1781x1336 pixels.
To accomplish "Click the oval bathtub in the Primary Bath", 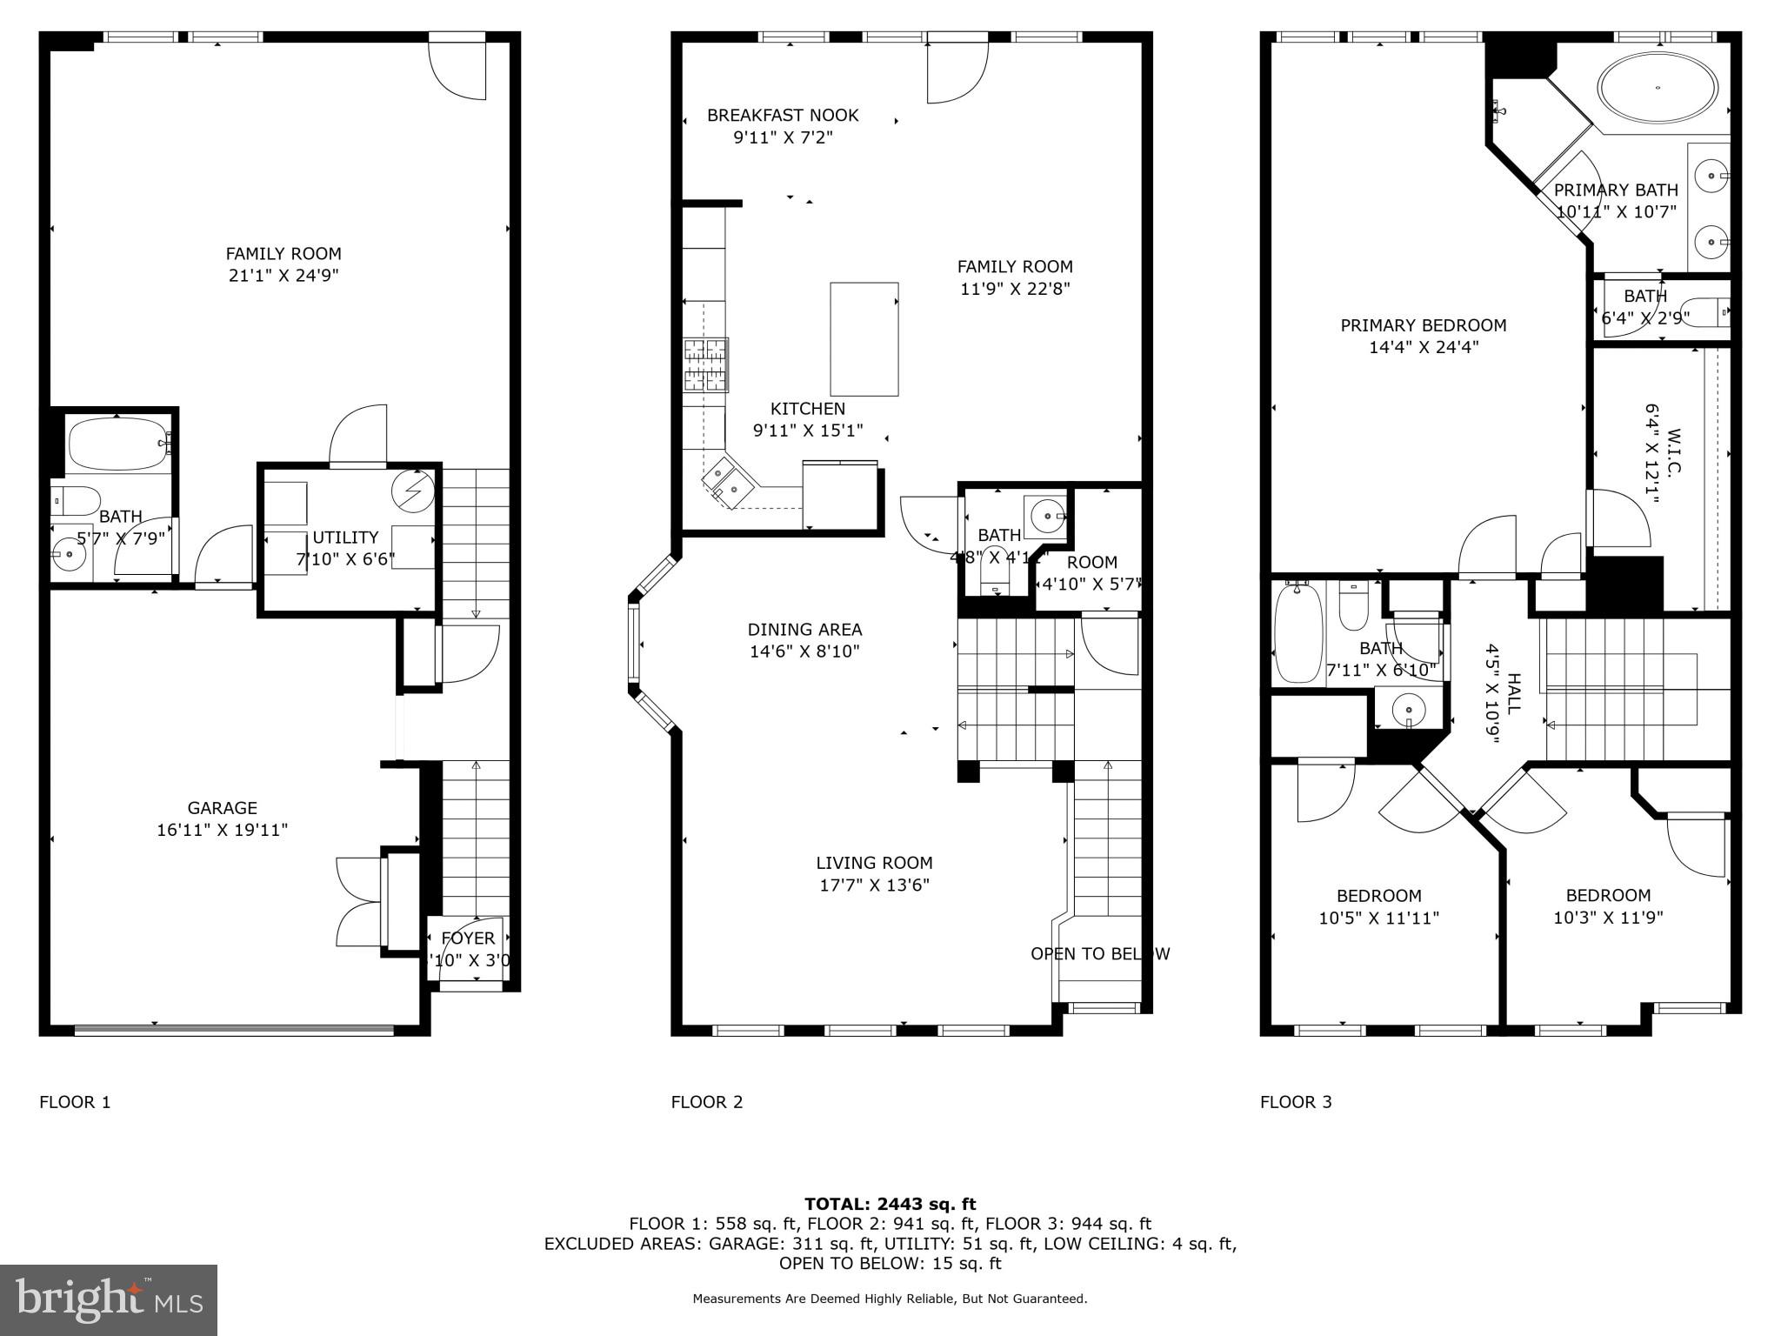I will pos(1658,89).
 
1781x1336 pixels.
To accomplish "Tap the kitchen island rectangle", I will pos(864,339).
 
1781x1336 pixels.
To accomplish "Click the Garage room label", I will pos(222,808).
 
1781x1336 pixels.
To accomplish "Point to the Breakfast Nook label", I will pos(783,115).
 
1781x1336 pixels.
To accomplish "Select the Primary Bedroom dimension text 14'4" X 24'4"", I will pos(1424,347).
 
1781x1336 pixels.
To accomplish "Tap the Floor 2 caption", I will pos(706,1102).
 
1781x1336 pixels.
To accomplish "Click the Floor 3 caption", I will pos(1295,1102).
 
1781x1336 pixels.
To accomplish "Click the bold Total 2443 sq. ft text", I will pos(890,1204).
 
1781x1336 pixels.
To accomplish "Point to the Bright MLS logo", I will pos(109,1299).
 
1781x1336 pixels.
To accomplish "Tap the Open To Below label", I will pos(1099,953).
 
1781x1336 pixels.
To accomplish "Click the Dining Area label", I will pos(804,629).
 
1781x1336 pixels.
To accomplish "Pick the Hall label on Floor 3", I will pos(1513,693).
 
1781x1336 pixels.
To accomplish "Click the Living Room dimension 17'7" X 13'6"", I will pos(874,885).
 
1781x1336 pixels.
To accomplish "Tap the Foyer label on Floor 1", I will pos(468,938).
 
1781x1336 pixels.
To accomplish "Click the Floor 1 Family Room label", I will pos(283,253).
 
